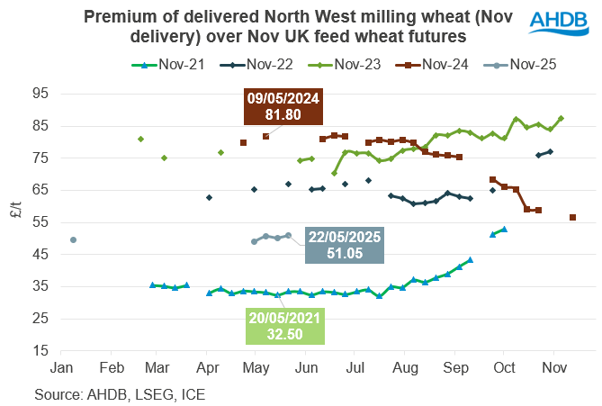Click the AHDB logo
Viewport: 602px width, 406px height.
(x=559, y=23)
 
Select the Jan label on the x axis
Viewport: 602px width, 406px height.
(x=62, y=369)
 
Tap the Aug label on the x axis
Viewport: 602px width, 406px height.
(x=405, y=369)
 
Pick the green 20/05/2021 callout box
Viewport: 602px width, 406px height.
(x=283, y=326)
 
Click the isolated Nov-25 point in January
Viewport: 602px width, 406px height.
(x=73, y=239)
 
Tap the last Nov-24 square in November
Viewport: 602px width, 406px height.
(x=573, y=217)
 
